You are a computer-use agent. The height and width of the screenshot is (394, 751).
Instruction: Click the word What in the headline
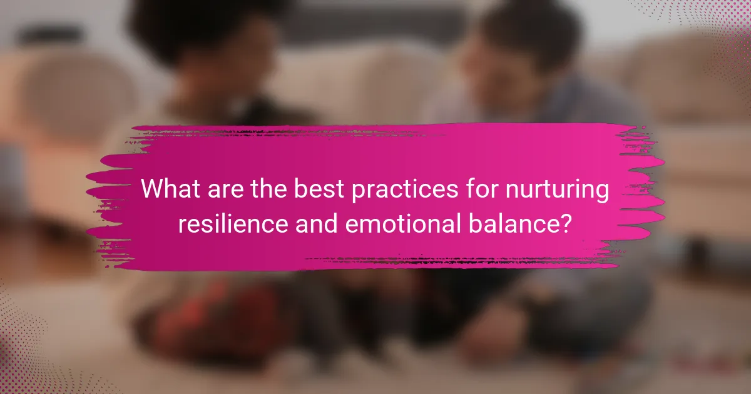(x=170, y=189)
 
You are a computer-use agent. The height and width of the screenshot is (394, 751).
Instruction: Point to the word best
(x=319, y=189)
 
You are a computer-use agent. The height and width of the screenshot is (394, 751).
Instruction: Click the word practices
(x=405, y=191)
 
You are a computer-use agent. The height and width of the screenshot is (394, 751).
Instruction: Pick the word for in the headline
(x=482, y=189)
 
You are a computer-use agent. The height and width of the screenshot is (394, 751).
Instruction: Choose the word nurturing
(x=557, y=191)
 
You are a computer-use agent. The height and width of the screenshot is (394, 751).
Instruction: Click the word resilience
(x=233, y=223)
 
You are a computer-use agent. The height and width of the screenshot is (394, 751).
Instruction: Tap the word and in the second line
(x=317, y=223)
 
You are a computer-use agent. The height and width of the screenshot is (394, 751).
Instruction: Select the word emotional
(x=403, y=223)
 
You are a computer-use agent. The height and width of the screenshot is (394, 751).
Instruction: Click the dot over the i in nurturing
(x=579, y=181)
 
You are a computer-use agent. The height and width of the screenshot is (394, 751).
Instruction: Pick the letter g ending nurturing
(x=602, y=193)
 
